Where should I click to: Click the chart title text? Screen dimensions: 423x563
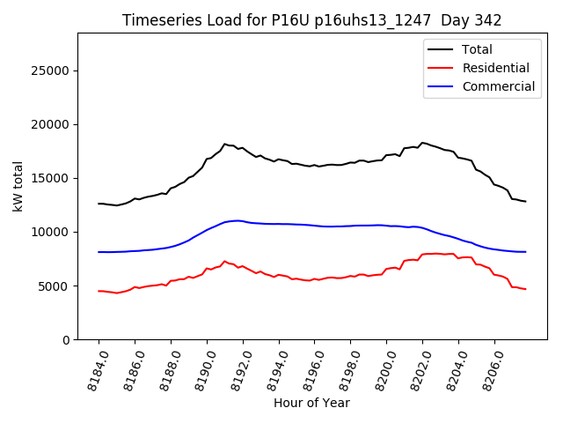311,20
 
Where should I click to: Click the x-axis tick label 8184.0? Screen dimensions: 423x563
92,367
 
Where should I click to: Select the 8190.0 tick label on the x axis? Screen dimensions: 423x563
201,367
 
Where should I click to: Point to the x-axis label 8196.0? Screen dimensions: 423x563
308,367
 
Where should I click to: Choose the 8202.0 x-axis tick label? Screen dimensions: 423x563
416,367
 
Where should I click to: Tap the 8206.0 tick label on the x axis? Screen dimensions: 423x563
488,367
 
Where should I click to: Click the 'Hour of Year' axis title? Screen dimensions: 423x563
311,403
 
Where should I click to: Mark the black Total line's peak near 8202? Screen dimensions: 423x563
423,142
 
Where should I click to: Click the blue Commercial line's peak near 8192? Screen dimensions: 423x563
238,220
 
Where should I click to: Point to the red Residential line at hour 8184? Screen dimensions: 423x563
99,291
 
